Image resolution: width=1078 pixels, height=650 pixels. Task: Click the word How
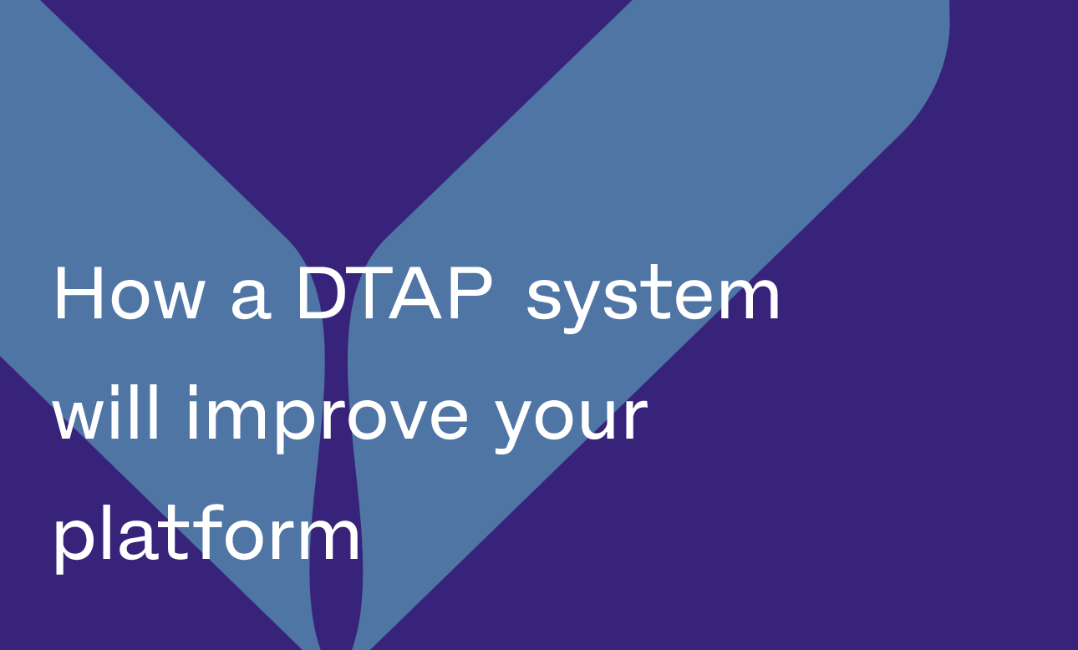(128, 294)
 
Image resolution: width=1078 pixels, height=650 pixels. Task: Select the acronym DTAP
(394, 294)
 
